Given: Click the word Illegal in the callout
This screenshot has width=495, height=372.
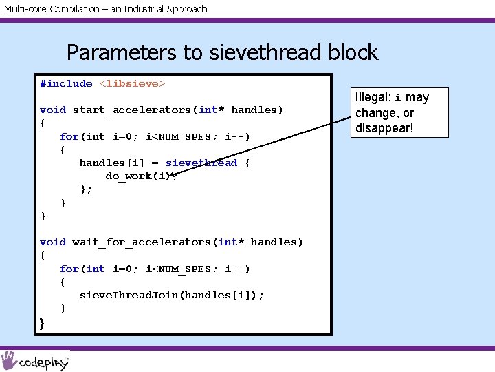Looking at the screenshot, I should point(373,97).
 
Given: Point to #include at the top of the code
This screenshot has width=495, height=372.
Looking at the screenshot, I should point(66,84).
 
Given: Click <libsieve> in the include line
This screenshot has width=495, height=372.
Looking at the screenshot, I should point(133,84).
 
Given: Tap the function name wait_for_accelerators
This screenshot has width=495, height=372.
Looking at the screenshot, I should point(142,242).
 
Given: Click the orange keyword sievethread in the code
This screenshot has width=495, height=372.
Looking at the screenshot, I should point(201,163).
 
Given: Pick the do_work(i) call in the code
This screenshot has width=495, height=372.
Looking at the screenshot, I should point(140,176).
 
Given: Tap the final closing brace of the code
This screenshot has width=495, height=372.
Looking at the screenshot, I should point(43,322).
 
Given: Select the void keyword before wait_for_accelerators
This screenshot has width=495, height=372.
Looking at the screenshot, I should point(53,242).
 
